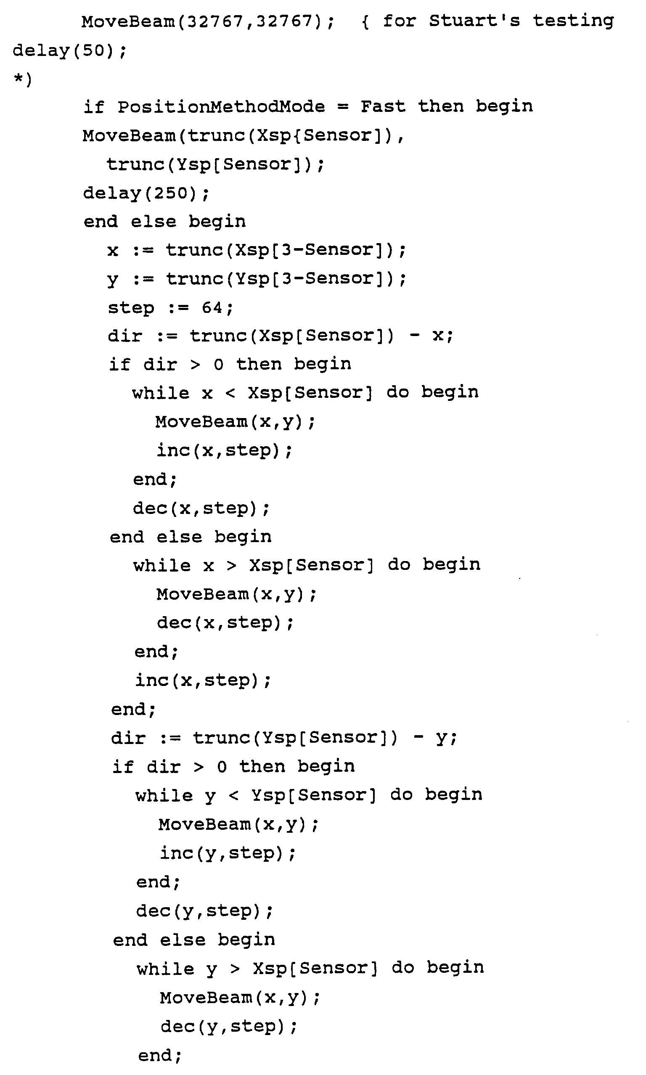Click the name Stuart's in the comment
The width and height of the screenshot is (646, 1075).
click(474, 21)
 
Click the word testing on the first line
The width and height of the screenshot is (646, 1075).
click(573, 21)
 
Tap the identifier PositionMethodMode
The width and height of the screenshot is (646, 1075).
click(221, 107)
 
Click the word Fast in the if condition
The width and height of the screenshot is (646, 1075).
click(383, 107)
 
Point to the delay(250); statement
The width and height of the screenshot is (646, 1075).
click(146, 193)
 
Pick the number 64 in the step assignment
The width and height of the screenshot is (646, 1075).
click(212, 308)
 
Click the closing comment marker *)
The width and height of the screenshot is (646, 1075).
click(23, 79)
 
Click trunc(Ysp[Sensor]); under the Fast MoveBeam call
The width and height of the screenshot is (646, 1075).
click(215, 164)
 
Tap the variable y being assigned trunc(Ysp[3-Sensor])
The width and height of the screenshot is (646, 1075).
click(113, 279)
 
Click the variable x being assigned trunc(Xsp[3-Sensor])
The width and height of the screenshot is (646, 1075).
click(113, 251)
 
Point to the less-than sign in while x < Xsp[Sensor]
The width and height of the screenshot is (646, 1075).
click(230, 393)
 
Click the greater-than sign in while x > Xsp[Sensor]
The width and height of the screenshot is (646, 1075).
click(232, 566)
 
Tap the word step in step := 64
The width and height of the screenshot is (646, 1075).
click(131, 308)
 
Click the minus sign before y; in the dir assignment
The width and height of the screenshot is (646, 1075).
click(418, 738)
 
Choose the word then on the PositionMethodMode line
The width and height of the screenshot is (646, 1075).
click(440, 107)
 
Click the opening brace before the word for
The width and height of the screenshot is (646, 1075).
click(365, 22)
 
